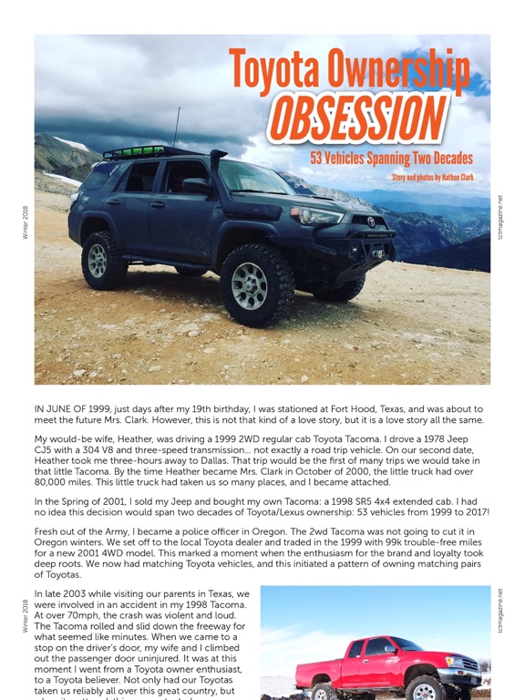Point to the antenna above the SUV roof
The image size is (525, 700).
point(176,129)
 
